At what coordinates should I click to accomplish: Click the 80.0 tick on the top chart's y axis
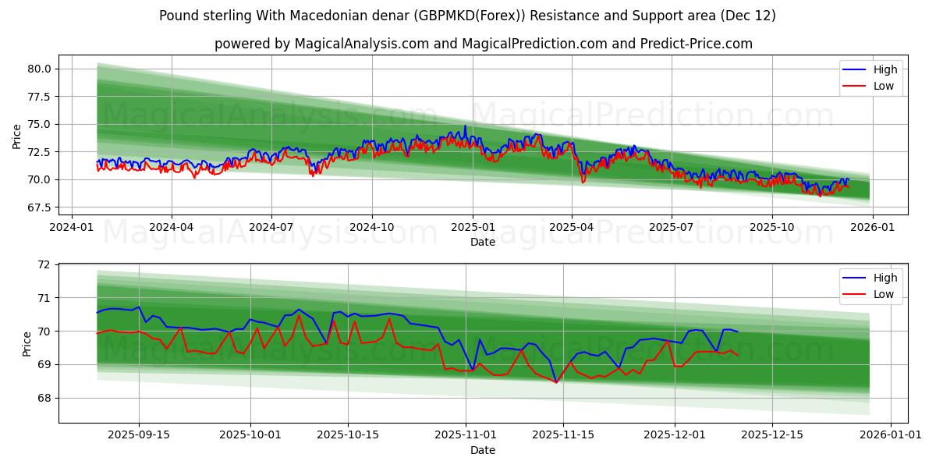tap(40, 69)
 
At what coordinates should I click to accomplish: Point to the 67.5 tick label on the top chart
tap(40, 207)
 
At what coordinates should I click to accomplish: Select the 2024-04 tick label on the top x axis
tap(172, 226)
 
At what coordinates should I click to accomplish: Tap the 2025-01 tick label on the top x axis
tap(472, 226)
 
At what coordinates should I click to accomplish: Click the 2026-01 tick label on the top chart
tap(872, 226)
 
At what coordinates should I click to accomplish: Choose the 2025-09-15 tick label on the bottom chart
tap(140, 434)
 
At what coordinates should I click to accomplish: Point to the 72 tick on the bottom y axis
tap(43, 264)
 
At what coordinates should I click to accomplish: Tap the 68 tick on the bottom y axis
tap(43, 398)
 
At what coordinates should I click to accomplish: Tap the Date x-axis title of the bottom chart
tap(482, 450)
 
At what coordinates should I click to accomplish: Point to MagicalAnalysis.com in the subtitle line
tap(361, 44)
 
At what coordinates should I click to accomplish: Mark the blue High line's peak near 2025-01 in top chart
tap(466, 126)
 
